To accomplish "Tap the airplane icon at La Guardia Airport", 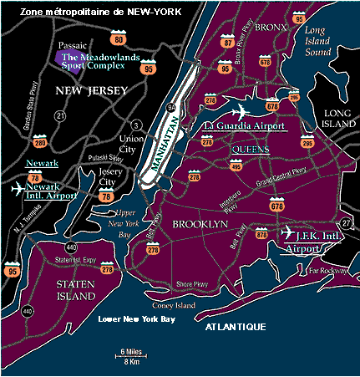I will tap(239, 113).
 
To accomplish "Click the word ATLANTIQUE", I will tap(238, 326).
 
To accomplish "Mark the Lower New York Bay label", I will tap(134, 319).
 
